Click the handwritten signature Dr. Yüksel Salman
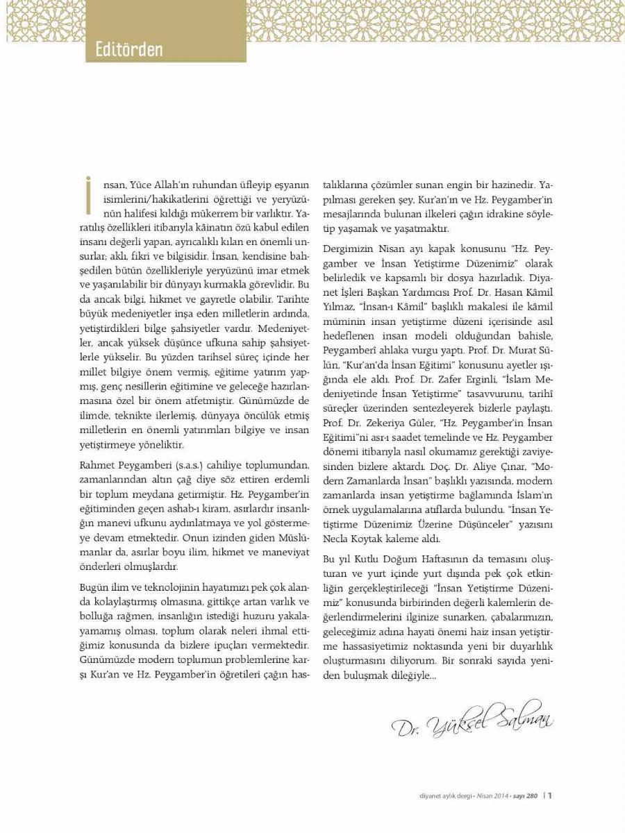(x=472, y=718)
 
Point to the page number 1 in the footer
(x=549, y=796)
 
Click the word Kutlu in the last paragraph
(x=375, y=559)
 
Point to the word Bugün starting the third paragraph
(x=94, y=567)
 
